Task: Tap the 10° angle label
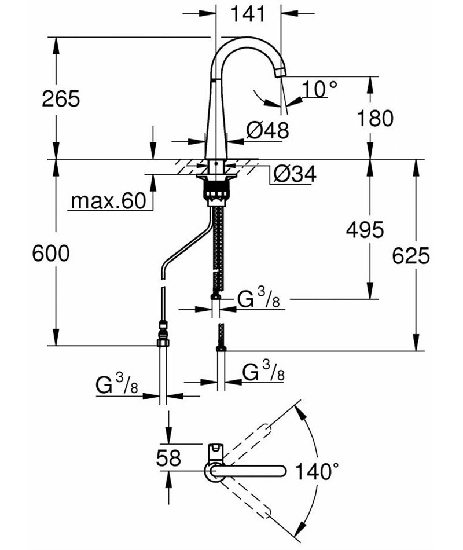pos(319,89)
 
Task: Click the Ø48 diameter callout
pos(267,130)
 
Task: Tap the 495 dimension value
pos(364,230)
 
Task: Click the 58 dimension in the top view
pos(168,458)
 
